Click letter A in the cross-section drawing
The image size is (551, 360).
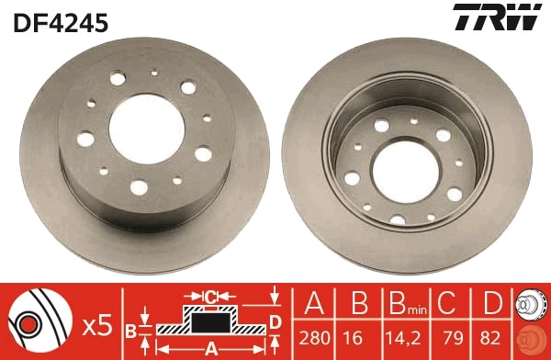click(x=210, y=348)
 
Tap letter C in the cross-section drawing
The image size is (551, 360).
click(x=210, y=297)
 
